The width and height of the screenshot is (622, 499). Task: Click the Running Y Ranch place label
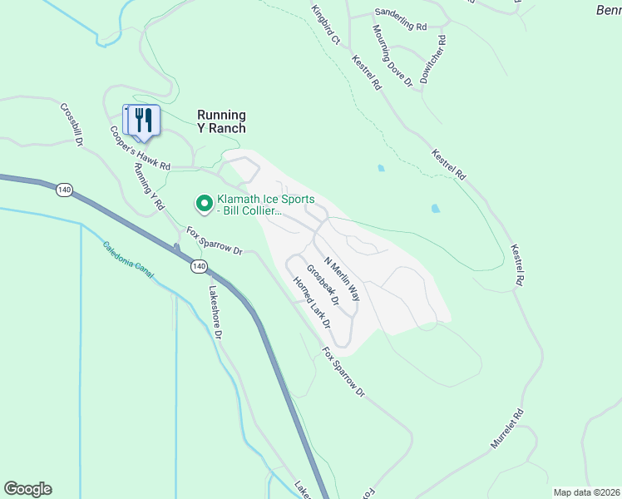221,121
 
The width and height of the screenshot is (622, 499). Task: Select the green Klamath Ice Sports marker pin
203,203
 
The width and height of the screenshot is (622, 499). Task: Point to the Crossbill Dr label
72,125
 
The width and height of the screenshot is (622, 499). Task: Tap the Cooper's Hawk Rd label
140,147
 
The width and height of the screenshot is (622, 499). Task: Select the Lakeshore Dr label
215,313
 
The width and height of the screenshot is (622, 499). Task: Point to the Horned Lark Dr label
312,301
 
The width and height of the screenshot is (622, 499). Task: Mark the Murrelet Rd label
507,429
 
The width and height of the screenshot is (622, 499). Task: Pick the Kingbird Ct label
327,25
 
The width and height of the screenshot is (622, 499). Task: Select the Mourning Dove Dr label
392,56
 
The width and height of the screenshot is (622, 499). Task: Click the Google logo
27,489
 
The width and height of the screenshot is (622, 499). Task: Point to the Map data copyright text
586,492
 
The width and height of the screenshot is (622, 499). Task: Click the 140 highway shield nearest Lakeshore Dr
198,266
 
